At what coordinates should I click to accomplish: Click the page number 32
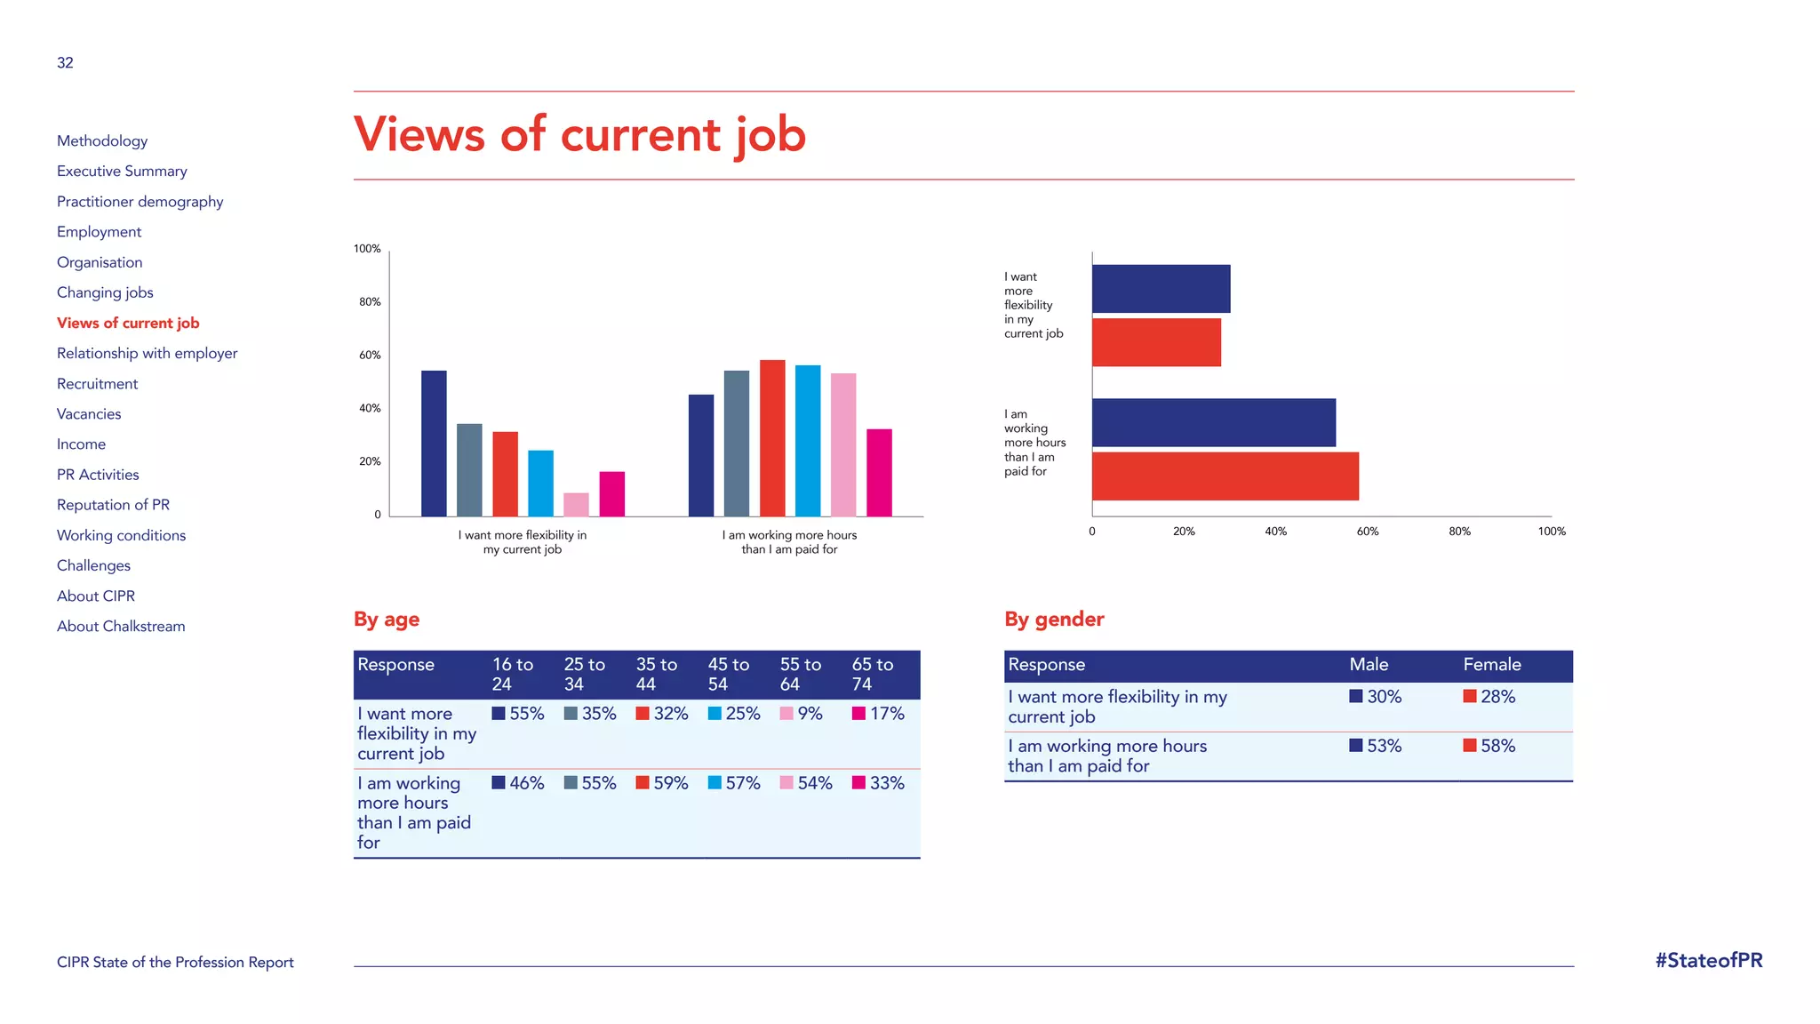tap(65, 62)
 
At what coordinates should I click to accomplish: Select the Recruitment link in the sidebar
tap(97, 383)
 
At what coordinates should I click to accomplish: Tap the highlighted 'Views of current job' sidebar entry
tap(128, 323)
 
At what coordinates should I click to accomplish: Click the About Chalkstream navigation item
tap(121, 626)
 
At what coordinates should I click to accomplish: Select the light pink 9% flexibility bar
tap(576, 504)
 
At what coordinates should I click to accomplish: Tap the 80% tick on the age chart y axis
tap(370, 302)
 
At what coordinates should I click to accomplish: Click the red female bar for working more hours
tap(1225, 476)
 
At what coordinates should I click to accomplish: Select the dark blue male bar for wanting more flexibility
tap(1161, 289)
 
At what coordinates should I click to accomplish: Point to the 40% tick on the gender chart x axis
tap(1275, 532)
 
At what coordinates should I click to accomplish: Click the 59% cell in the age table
tap(662, 783)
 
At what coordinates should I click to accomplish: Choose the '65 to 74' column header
tap(873, 674)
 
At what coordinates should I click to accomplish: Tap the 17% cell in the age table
tap(878, 714)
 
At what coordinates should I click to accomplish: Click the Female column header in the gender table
tap(1492, 664)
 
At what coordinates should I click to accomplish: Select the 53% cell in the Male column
tap(1376, 746)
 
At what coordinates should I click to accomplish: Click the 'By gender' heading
tap(1054, 619)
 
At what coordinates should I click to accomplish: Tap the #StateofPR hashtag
tap(1708, 960)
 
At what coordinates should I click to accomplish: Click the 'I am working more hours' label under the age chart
tap(789, 542)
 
